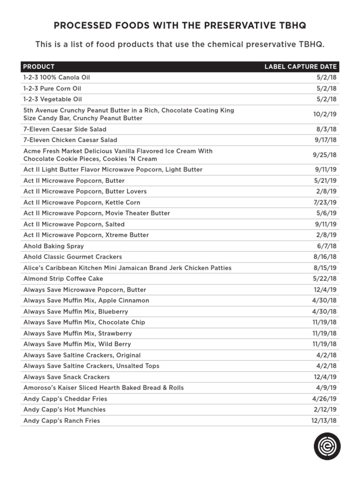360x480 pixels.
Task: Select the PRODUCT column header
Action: point(39,67)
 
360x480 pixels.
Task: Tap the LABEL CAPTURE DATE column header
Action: point(300,67)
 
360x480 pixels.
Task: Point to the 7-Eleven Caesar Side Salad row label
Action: point(65,129)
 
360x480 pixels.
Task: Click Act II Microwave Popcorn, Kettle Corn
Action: point(82,202)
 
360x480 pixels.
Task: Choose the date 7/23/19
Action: point(326,202)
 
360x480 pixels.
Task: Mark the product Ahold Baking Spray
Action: point(53,246)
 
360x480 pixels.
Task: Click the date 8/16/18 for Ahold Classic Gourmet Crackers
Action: point(326,257)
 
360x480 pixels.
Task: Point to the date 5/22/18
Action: point(326,278)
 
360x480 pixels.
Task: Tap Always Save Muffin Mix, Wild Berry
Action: point(77,344)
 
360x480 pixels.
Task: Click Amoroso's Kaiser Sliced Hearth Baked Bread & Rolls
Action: point(104,388)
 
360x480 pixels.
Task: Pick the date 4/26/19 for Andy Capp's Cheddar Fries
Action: point(324,398)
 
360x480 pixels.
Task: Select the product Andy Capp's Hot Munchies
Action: point(64,409)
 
